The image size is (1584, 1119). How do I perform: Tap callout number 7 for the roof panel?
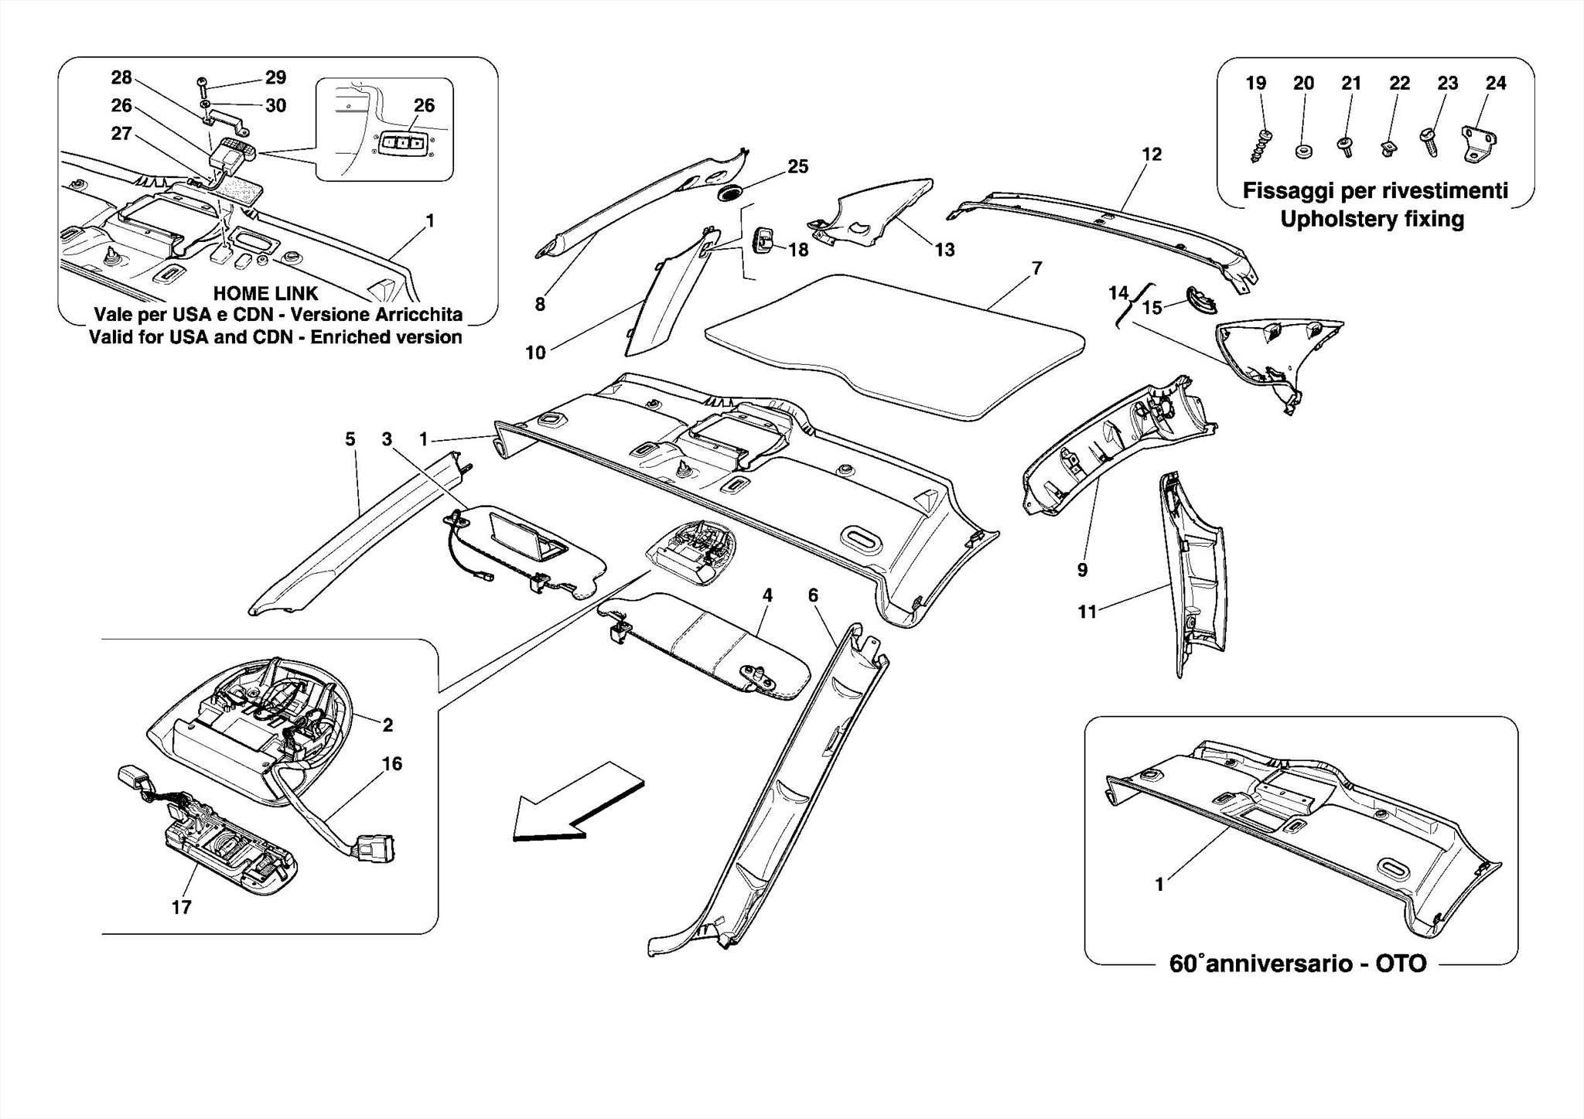(x=1036, y=268)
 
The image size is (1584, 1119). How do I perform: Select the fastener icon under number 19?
(x=1261, y=145)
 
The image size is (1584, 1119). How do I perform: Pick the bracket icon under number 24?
(x=1480, y=145)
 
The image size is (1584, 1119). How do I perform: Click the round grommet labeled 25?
(x=729, y=193)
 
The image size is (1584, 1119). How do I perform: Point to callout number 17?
(x=181, y=907)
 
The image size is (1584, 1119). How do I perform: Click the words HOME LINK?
(x=265, y=294)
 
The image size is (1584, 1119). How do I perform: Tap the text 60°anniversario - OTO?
(x=1297, y=964)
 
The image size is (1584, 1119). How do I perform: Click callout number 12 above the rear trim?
(x=1152, y=154)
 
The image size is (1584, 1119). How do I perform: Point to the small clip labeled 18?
(x=764, y=241)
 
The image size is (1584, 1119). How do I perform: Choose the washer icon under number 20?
(x=1302, y=150)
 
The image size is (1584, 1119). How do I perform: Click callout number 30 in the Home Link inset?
(x=276, y=105)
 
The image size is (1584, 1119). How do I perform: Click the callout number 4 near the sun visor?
(x=766, y=595)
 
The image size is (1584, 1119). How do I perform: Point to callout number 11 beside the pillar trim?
(x=1087, y=612)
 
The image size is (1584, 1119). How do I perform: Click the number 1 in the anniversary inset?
(x=1159, y=884)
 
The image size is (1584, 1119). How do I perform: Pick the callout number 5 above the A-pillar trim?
(x=350, y=439)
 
